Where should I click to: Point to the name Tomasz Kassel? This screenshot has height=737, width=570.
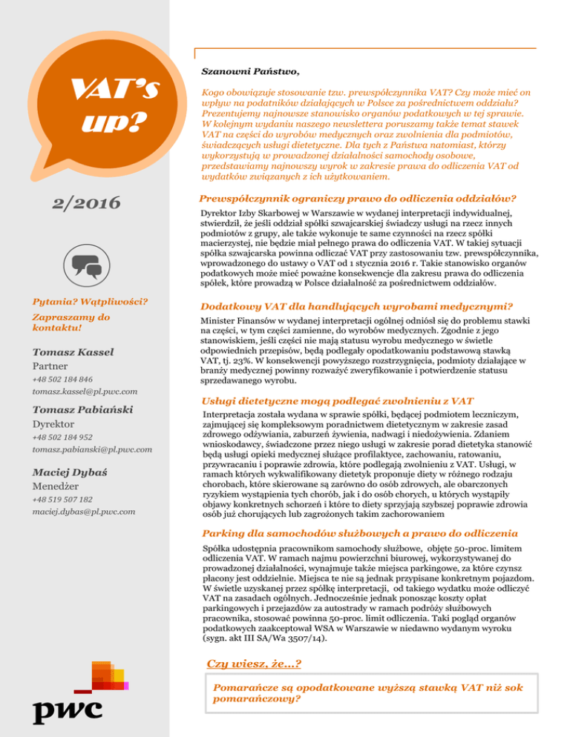point(68,352)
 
